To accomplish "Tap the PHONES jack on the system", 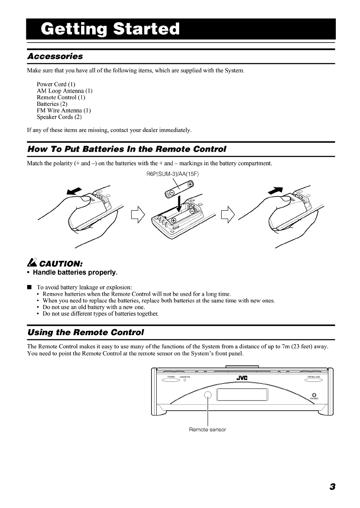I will pos(314,395).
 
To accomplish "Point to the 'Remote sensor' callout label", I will pos(207,429).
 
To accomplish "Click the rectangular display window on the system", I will pos(242,395).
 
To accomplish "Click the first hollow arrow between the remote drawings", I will pos(139,213).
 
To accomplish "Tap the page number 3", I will pos(332,487).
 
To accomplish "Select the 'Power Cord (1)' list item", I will pos(56,84).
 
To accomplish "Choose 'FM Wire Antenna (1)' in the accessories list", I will pos(64,110).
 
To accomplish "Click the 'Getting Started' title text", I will pos(110,29).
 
